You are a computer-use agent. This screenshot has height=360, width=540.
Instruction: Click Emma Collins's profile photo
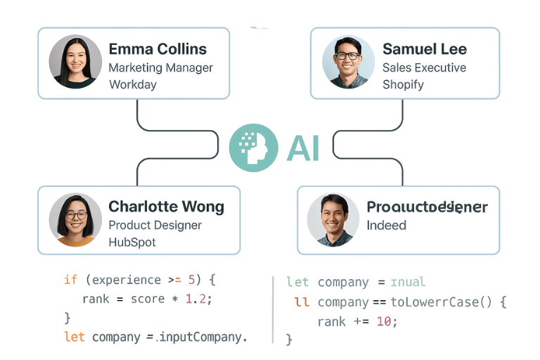pos(75,62)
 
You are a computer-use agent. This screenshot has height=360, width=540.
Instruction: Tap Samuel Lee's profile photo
pos(349,62)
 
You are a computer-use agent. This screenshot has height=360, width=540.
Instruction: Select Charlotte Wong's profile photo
pos(75,219)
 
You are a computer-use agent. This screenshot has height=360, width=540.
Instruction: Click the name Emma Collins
pos(157,49)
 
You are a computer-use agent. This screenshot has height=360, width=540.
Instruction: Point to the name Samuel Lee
pos(424,49)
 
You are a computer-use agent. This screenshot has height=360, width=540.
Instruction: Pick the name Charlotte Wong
pos(166,207)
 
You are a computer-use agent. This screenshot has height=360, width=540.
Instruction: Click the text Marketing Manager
pos(160,68)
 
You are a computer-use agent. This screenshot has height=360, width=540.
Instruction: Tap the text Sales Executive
pos(424,68)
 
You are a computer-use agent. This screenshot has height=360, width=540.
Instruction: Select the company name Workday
pos(132,85)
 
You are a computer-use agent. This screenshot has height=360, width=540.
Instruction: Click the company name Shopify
pos(403,85)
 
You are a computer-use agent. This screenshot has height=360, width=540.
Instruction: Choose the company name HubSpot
pos(132,243)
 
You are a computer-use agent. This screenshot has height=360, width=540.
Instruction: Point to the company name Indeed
pos(386,226)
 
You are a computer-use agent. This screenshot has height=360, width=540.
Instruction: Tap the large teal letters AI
pos(303,148)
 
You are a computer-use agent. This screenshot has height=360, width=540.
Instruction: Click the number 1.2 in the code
pos(197,299)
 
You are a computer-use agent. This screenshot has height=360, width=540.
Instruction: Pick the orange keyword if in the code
pos(70,280)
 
